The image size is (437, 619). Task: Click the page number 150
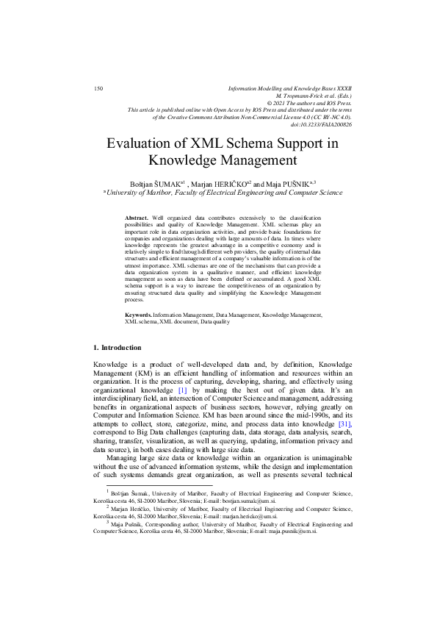click(x=98, y=88)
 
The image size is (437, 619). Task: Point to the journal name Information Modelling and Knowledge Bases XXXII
click(x=290, y=88)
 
